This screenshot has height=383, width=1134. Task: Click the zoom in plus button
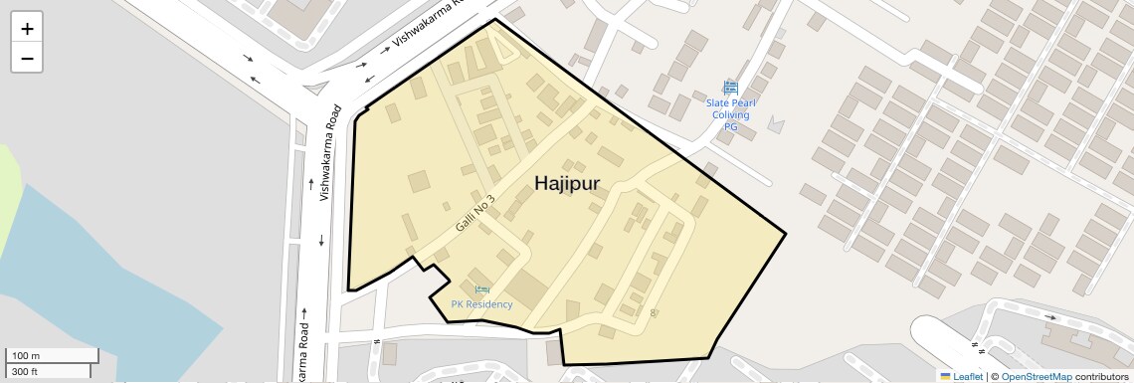[x=27, y=29]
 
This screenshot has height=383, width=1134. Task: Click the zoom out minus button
[x=27, y=58]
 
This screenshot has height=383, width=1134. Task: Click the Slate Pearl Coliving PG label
[x=730, y=114]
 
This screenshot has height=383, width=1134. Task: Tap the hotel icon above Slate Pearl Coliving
[x=730, y=88]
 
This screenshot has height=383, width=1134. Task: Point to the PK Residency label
[x=481, y=304]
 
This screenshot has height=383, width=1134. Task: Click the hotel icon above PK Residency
[x=481, y=289]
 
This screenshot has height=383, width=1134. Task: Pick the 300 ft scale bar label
[x=25, y=372]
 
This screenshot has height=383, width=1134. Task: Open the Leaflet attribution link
[x=967, y=376]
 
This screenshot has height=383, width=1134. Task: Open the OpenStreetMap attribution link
[x=1037, y=376]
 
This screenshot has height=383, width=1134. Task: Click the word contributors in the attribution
[x=1101, y=376]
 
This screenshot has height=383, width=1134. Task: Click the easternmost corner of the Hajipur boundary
[x=786, y=234]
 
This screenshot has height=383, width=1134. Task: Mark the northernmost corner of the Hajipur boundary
[x=494, y=19]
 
